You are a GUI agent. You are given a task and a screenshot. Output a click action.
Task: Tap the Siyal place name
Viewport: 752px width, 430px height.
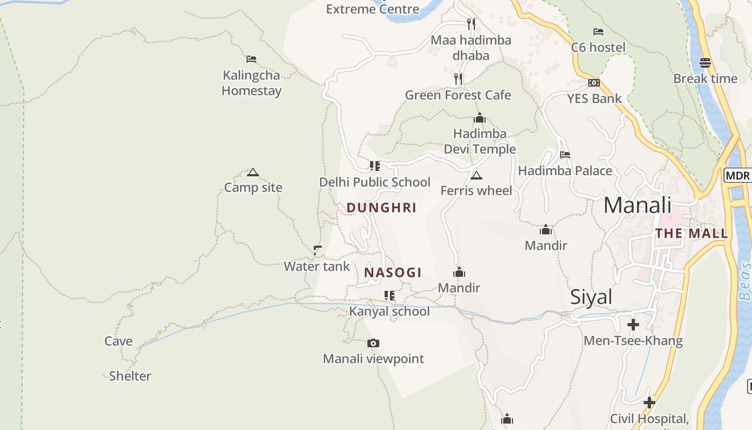(591, 297)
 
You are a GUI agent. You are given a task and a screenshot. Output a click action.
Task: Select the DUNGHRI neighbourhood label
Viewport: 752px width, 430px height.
(381, 207)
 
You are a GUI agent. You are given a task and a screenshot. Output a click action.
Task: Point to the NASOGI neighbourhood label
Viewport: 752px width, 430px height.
(393, 273)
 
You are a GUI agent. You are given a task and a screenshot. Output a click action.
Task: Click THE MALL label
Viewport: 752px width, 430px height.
(691, 233)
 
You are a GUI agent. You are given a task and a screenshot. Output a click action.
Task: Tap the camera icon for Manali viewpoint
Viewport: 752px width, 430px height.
(373, 343)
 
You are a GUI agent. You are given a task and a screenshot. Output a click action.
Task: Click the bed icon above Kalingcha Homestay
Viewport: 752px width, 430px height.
(251, 59)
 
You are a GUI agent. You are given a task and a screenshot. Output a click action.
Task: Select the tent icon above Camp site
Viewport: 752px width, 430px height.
(253, 173)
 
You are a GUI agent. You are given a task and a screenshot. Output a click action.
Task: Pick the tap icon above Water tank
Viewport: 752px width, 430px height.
(317, 250)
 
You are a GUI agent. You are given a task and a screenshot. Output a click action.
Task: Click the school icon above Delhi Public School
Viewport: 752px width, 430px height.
(374, 166)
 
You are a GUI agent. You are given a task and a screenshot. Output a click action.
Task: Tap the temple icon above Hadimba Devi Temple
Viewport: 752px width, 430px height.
(480, 118)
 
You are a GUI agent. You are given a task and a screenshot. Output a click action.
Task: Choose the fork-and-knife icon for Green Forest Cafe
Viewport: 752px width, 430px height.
(458, 79)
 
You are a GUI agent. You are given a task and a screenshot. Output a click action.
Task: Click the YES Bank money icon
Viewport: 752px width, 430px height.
(594, 83)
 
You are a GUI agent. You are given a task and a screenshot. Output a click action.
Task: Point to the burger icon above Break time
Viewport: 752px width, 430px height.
(705, 63)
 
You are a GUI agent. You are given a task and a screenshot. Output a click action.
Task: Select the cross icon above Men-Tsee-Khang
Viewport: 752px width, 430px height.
(633, 325)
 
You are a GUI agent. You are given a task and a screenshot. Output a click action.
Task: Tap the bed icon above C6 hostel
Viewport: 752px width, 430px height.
(598, 32)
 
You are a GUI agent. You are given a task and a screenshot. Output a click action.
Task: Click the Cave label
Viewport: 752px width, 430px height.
(118, 341)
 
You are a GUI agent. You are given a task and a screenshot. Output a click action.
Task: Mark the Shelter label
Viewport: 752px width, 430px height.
(130, 376)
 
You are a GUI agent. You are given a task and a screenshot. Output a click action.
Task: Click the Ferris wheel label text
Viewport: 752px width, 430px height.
(476, 191)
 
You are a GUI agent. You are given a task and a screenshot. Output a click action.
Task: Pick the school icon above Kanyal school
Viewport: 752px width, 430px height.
(389, 296)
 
